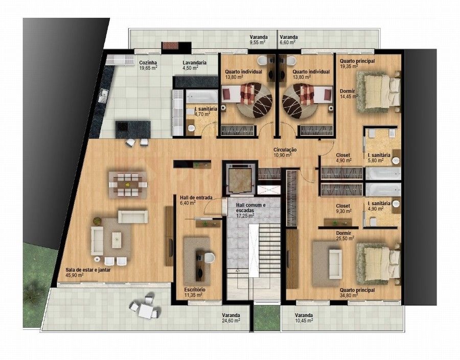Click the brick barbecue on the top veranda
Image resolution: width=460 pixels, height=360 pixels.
tap(170, 46)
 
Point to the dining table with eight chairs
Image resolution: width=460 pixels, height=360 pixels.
tap(128, 184)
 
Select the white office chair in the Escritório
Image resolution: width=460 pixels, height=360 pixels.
tap(209, 257)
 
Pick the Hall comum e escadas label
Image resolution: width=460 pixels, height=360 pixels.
tap(251, 208)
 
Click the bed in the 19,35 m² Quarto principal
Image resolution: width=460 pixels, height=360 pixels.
tap(379, 92)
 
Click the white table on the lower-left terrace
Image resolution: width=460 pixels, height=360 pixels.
tap(147, 310)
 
